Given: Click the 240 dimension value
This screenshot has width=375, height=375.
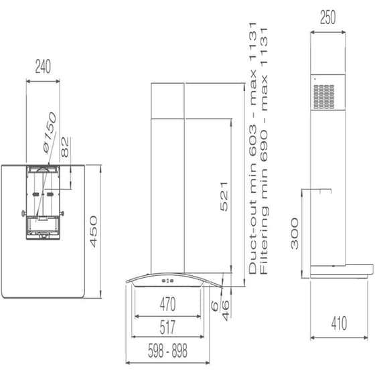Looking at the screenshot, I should (43, 66).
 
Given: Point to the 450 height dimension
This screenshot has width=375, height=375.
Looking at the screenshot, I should (94, 231).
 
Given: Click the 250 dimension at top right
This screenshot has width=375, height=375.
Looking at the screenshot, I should (328, 19).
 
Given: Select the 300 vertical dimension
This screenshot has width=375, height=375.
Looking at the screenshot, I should (295, 234).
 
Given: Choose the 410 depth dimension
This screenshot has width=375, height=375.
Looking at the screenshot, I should (338, 325).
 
